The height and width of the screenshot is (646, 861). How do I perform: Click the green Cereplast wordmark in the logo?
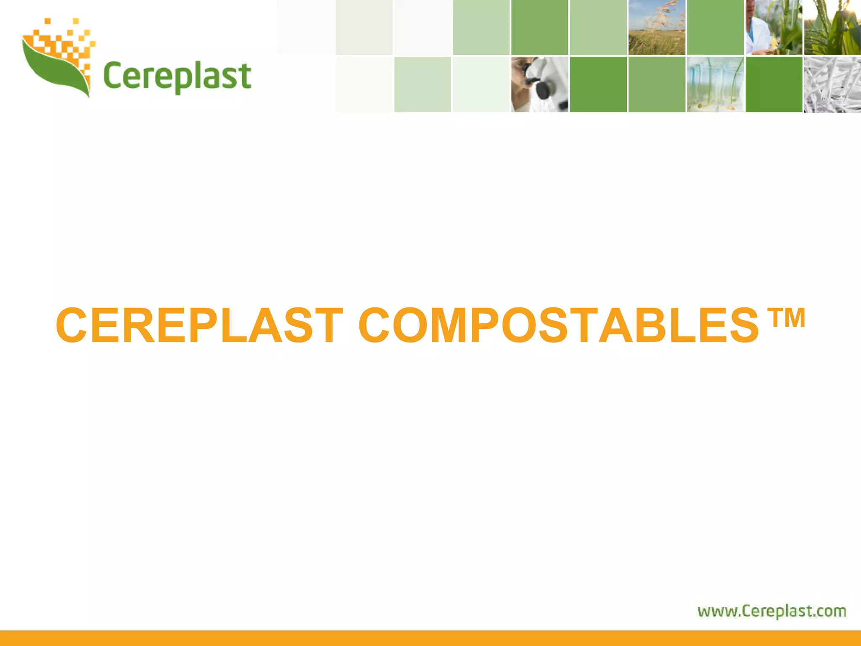177,77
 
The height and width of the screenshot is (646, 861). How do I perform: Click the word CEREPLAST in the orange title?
199,325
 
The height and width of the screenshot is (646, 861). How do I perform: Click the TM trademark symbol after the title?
786,318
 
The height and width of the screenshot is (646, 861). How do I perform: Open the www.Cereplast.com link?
772,611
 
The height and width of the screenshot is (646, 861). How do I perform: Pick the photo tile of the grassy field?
657,28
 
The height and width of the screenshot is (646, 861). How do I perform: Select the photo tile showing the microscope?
540,84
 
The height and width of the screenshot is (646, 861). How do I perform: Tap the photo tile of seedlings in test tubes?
715,84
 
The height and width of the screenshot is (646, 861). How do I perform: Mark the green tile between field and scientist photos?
715,28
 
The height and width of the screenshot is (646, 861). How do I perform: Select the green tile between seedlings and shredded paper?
774,84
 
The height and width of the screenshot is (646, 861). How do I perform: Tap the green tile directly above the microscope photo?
540,28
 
